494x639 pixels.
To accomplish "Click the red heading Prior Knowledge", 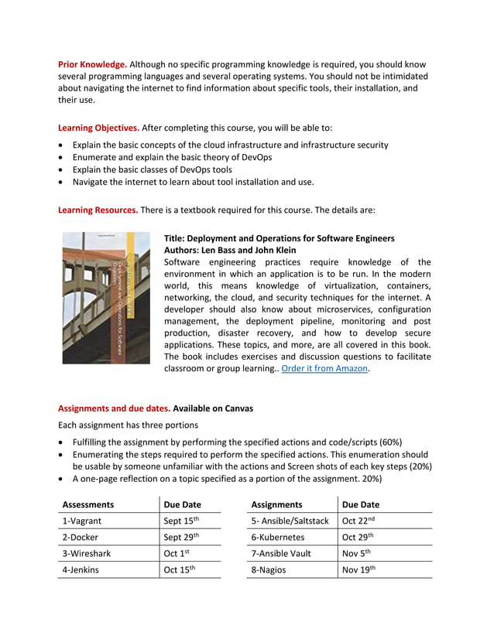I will [93, 64].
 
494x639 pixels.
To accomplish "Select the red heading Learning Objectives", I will [98, 127].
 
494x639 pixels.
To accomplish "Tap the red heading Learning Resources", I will [98, 210].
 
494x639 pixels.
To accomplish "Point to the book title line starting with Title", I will [279, 238].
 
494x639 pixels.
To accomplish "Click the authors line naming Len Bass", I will [230, 251].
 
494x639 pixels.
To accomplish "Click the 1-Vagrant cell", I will [82, 521].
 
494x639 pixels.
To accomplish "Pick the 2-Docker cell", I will [81, 537].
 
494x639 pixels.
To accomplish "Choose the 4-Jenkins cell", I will [81, 570].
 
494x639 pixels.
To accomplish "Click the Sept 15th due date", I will [182, 521].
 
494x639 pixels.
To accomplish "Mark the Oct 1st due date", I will [177, 553].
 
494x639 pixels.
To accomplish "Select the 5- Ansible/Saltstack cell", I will [290, 521].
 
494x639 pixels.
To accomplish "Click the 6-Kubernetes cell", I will [278, 537].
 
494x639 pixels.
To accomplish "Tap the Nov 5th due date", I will [357, 553].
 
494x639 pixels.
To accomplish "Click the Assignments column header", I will [276, 504].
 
